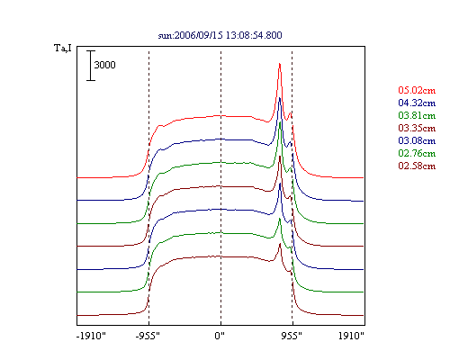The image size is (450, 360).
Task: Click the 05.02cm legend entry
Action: [417, 90]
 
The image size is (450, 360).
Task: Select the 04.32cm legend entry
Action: [417, 103]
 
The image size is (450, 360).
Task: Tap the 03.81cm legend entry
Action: [417, 115]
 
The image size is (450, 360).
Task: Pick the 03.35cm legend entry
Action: [417, 128]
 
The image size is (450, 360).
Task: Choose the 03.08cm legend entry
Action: [417, 140]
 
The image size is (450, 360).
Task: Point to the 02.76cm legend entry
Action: [417, 153]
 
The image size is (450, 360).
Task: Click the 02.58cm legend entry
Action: [417, 166]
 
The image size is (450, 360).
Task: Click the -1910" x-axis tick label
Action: [91, 336]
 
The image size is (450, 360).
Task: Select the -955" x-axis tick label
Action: [148, 336]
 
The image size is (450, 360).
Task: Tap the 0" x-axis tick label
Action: [220, 336]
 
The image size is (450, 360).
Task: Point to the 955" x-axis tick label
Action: [292, 336]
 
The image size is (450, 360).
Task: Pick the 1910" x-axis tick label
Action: [351, 336]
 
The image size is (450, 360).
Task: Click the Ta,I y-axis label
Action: [63, 48]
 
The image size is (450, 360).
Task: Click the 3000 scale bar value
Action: [104, 65]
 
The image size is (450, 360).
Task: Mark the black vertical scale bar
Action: [91, 66]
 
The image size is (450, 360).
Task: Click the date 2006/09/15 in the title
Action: [198, 35]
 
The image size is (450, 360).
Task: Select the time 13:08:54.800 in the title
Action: [254, 35]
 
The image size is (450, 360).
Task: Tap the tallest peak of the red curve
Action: [280, 64]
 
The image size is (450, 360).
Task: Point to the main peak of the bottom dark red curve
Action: [280, 244]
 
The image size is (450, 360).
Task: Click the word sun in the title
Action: [165, 36]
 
